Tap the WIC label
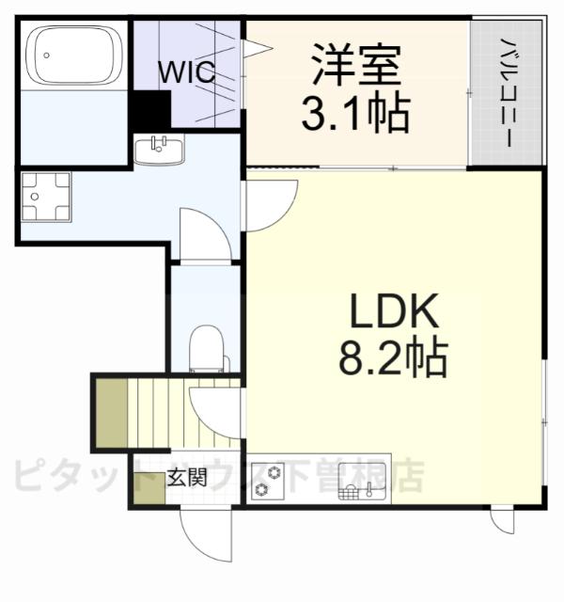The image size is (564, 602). (186, 71)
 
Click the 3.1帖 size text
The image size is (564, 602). (354, 113)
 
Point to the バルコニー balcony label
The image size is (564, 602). (506, 91)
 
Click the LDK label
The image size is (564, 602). (394, 309)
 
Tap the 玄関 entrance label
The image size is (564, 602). (188, 476)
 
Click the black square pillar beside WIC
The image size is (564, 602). (149, 112)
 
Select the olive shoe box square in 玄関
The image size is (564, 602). (148, 494)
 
